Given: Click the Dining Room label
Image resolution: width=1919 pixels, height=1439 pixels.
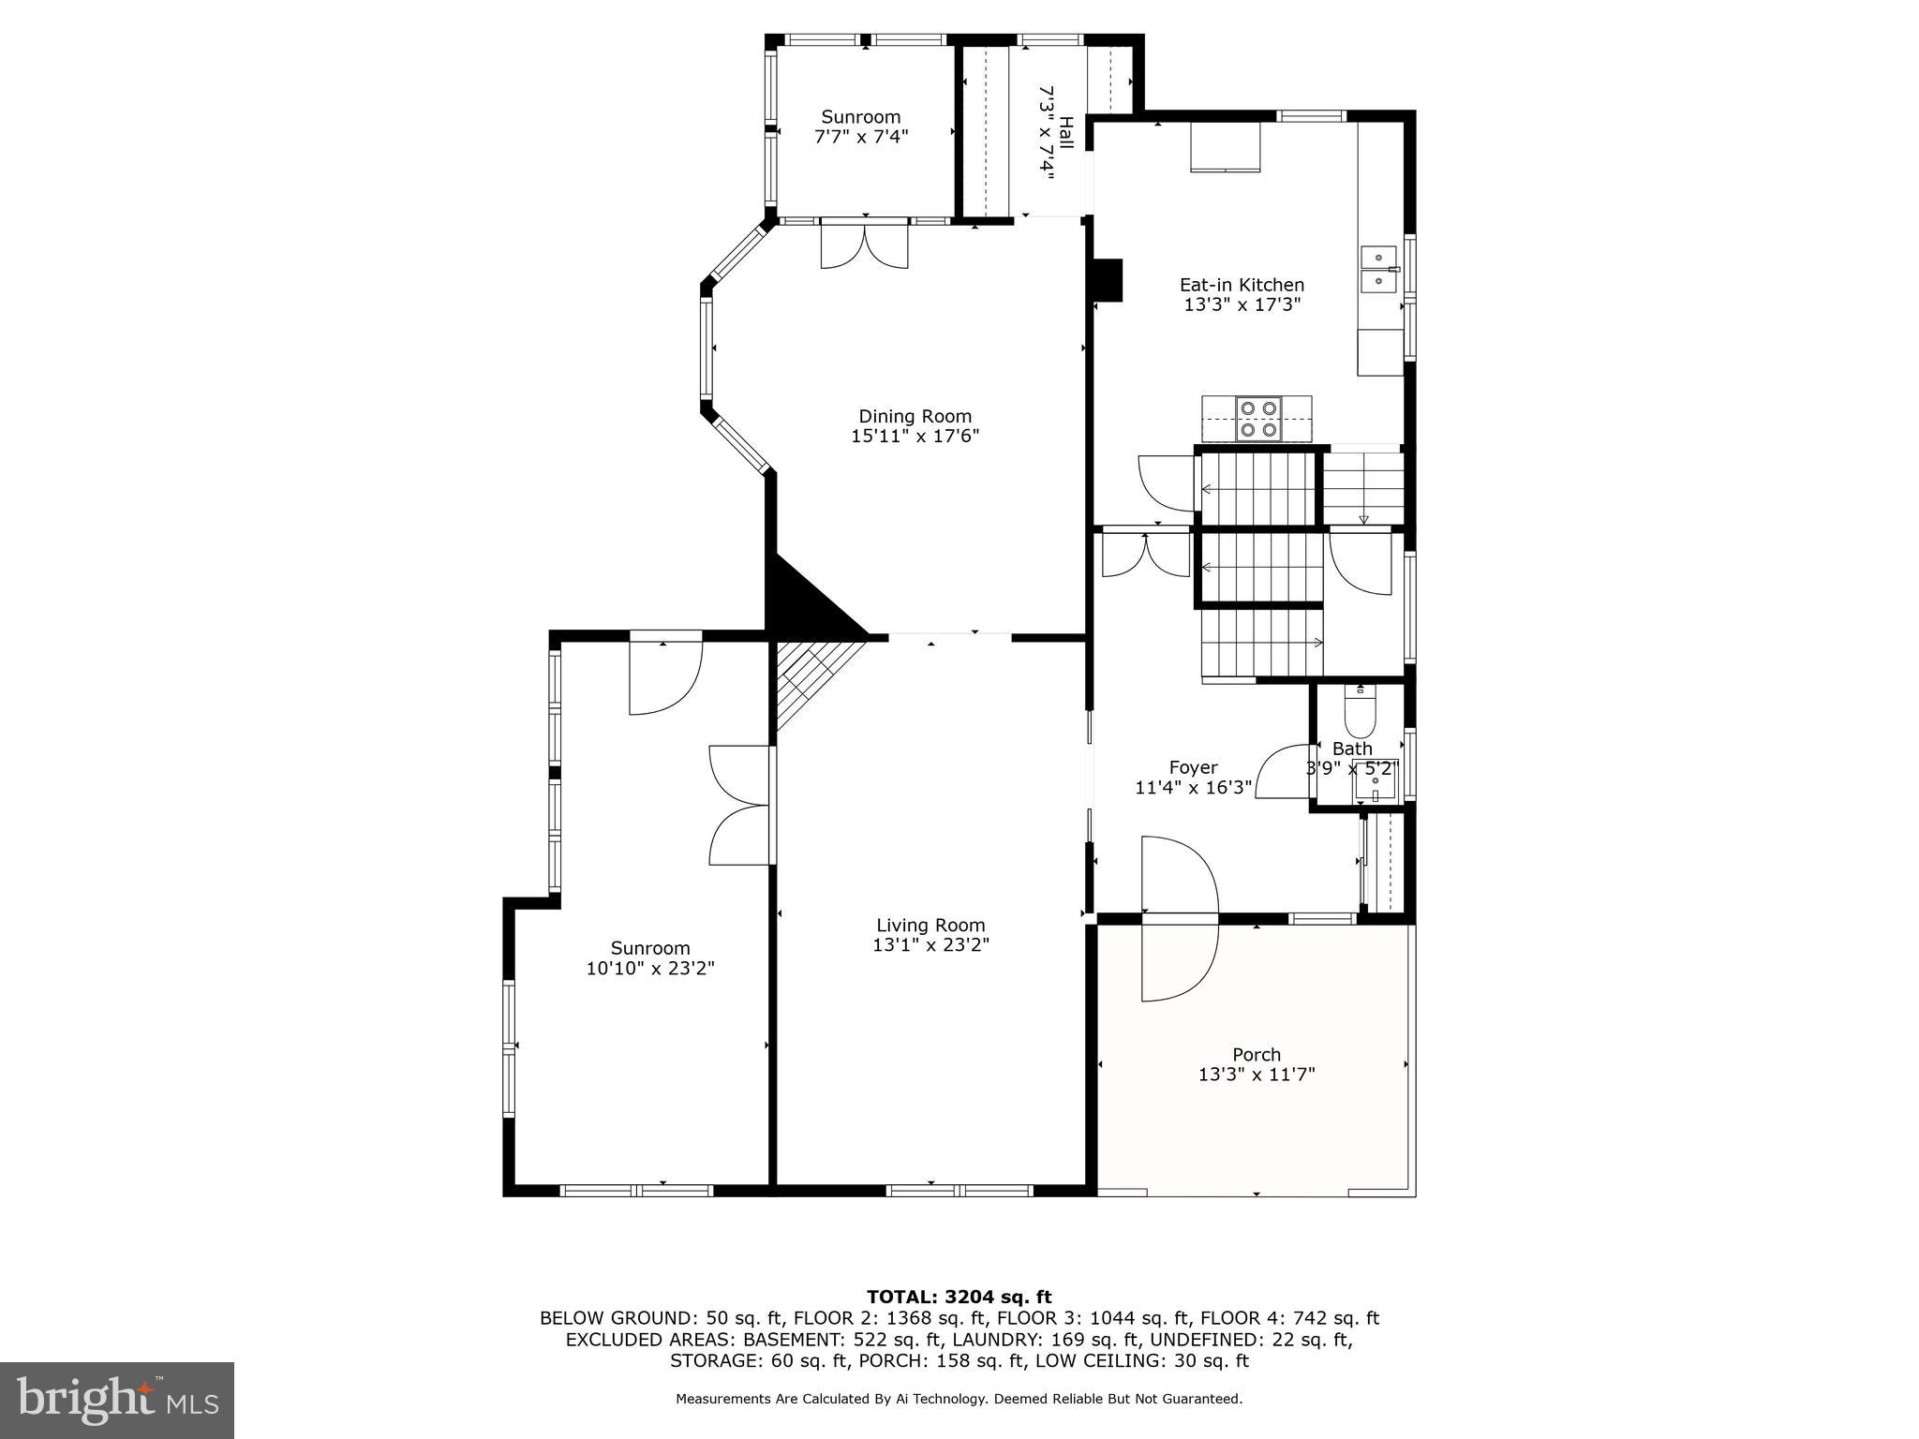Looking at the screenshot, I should (915, 416).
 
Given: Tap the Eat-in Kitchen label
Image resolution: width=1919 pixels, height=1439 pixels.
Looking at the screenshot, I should (1242, 285).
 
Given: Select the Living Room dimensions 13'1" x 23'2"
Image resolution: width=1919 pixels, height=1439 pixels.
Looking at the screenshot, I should (930, 945).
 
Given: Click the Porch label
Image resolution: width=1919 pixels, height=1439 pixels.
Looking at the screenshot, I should (1257, 1054).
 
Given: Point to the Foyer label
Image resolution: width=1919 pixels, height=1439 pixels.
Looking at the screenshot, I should (1193, 768).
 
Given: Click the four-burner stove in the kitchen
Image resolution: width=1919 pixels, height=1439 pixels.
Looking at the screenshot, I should (1258, 419).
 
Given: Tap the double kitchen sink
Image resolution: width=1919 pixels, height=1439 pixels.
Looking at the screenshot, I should (1378, 270).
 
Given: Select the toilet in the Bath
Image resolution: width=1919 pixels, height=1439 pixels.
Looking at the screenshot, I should (1360, 714).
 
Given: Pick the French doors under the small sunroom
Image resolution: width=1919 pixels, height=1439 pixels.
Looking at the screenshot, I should (864, 245).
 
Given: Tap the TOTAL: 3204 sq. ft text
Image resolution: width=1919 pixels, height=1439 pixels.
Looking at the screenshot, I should (959, 1297).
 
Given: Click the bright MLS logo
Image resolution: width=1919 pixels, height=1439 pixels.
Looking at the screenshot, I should (116, 1400).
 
